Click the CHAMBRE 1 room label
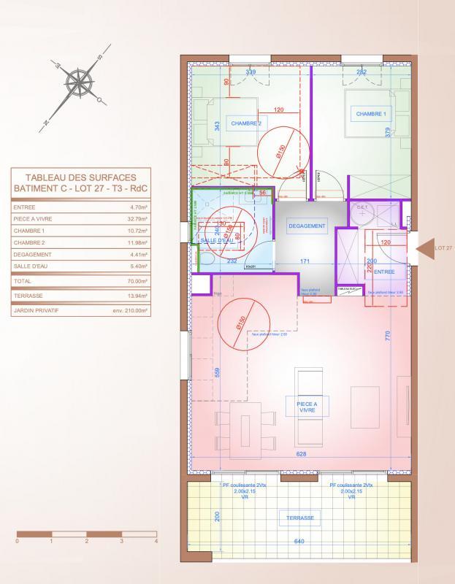click(x=370, y=114)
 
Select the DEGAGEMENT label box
click(x=307, y=226)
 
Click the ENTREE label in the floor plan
click(x=384, y=272)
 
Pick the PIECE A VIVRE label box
click(x=307, y=407)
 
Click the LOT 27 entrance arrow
click(x=424, y=248)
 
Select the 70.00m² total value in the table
click(x=138, y=280)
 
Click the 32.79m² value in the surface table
click(x=138, y=218)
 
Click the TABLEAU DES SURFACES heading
click(x=80, y=177)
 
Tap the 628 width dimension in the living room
click(x=301, y=454)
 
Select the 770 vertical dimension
click(x=389, y=336)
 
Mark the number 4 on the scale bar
click(x=156, y=541)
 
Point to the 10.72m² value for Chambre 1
click(x=138, y=230)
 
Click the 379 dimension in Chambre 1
click(x=388, y=132)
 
